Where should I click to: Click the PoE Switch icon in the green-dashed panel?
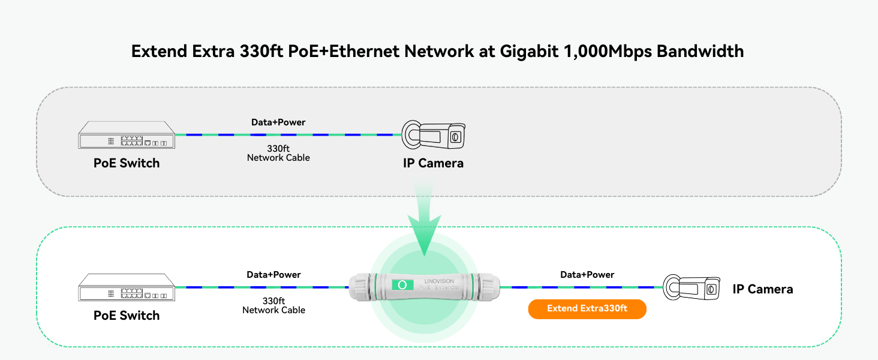(x=127, y=287)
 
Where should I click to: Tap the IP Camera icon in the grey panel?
(x=433, y=136)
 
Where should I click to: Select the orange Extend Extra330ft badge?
(x=587, y=308)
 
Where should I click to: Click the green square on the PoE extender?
(x=402, y=286)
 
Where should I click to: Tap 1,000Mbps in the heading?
(x=608, y=51)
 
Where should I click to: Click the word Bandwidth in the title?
(x=700, y=51)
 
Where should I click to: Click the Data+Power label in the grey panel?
(x=278, y=122)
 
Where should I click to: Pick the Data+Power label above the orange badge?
(x=587, y=275)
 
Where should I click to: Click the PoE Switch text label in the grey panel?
(x=127, y=163)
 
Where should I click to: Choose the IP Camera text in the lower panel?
(x=762, y=289)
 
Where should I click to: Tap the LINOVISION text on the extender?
(x=440, y=281)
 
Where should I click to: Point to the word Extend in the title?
(x=159, y=51)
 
